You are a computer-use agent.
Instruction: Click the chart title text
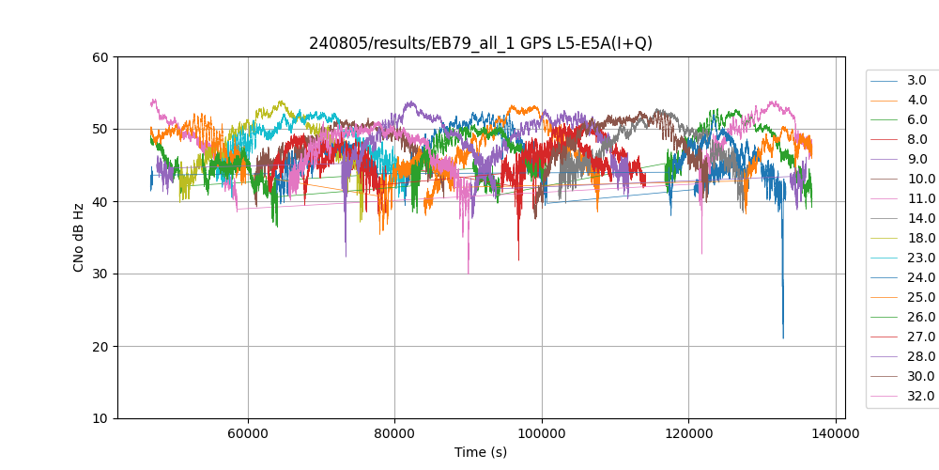click(x=481, y=43)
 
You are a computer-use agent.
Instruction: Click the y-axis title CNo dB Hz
click(x=79, y=238)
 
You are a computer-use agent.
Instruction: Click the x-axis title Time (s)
click(x=481, y=452)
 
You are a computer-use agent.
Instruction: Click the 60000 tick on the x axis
click(x=248, y=433)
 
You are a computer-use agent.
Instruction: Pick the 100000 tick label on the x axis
click(x=542, y=433)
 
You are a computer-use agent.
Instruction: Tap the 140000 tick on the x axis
click(x=836, y=433)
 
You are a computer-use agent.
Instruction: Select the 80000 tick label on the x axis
click(x=394, y=433)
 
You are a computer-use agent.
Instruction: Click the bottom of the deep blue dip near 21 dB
click(x=783, y=337)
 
